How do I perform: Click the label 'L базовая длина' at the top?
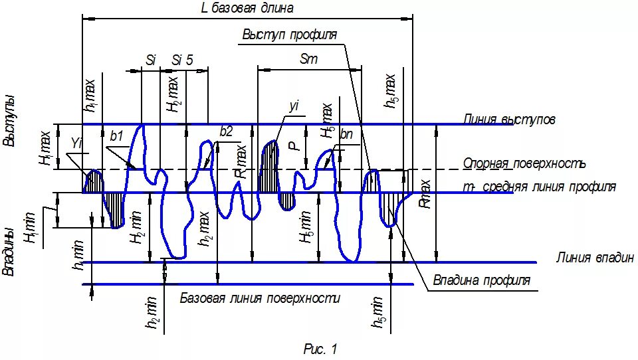pos(247,8)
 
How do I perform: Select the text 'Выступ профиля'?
pos(289,35)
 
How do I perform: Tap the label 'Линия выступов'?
pos(510,120)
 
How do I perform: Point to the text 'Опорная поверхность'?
pos(524,163)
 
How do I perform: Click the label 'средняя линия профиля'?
pos(548,187)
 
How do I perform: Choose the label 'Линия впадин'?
pos(595,258)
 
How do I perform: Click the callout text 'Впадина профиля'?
pos(482,280)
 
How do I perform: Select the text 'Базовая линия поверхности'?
pos(260,298)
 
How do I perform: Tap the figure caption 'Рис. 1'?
pos(320,348)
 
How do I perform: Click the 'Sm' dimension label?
pos(309,59)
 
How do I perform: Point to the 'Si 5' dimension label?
pos(182,59)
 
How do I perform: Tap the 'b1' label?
pos(118,136)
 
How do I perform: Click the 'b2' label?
pos(226,132)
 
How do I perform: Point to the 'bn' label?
pos(346,135)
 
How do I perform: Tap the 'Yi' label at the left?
pos(76,143)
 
